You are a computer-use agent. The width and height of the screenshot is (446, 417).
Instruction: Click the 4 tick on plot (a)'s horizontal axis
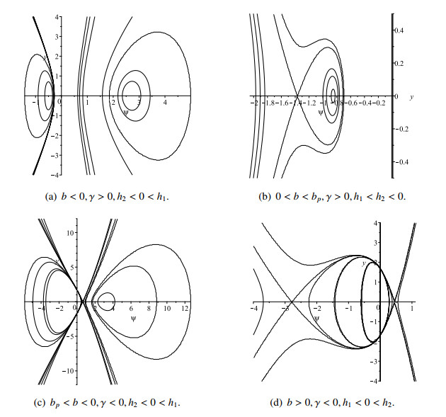click(165, 103)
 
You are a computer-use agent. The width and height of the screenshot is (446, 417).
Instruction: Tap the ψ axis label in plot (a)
click(125, 112)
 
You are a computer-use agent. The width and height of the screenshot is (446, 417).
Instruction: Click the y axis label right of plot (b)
click(411, 96)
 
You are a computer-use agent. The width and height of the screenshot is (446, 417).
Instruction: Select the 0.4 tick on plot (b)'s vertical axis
click(399, 31)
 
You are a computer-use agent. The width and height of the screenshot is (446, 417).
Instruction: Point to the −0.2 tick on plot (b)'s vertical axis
click(400, 129)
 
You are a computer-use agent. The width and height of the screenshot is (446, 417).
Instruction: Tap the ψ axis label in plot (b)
click(321, 112)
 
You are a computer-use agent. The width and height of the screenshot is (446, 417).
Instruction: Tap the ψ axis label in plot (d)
click(317, 319)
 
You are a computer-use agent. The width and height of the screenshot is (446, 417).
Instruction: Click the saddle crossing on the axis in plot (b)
click(297, 96)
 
